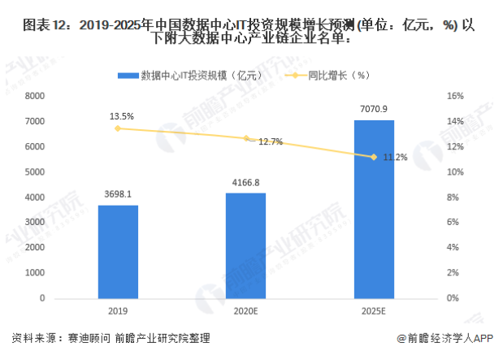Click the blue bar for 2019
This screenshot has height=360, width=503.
click(119, 252)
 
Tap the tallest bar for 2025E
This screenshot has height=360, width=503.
click(374, 209)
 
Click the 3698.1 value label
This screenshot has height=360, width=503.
click(119, 195)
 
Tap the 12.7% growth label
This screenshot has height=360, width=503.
click(271, 142)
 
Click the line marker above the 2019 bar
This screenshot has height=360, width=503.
click(119, 128)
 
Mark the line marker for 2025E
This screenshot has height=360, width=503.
click(374, 157)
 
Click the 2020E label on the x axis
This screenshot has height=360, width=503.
click(246, 311)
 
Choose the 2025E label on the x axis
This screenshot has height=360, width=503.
click(374, 311)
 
